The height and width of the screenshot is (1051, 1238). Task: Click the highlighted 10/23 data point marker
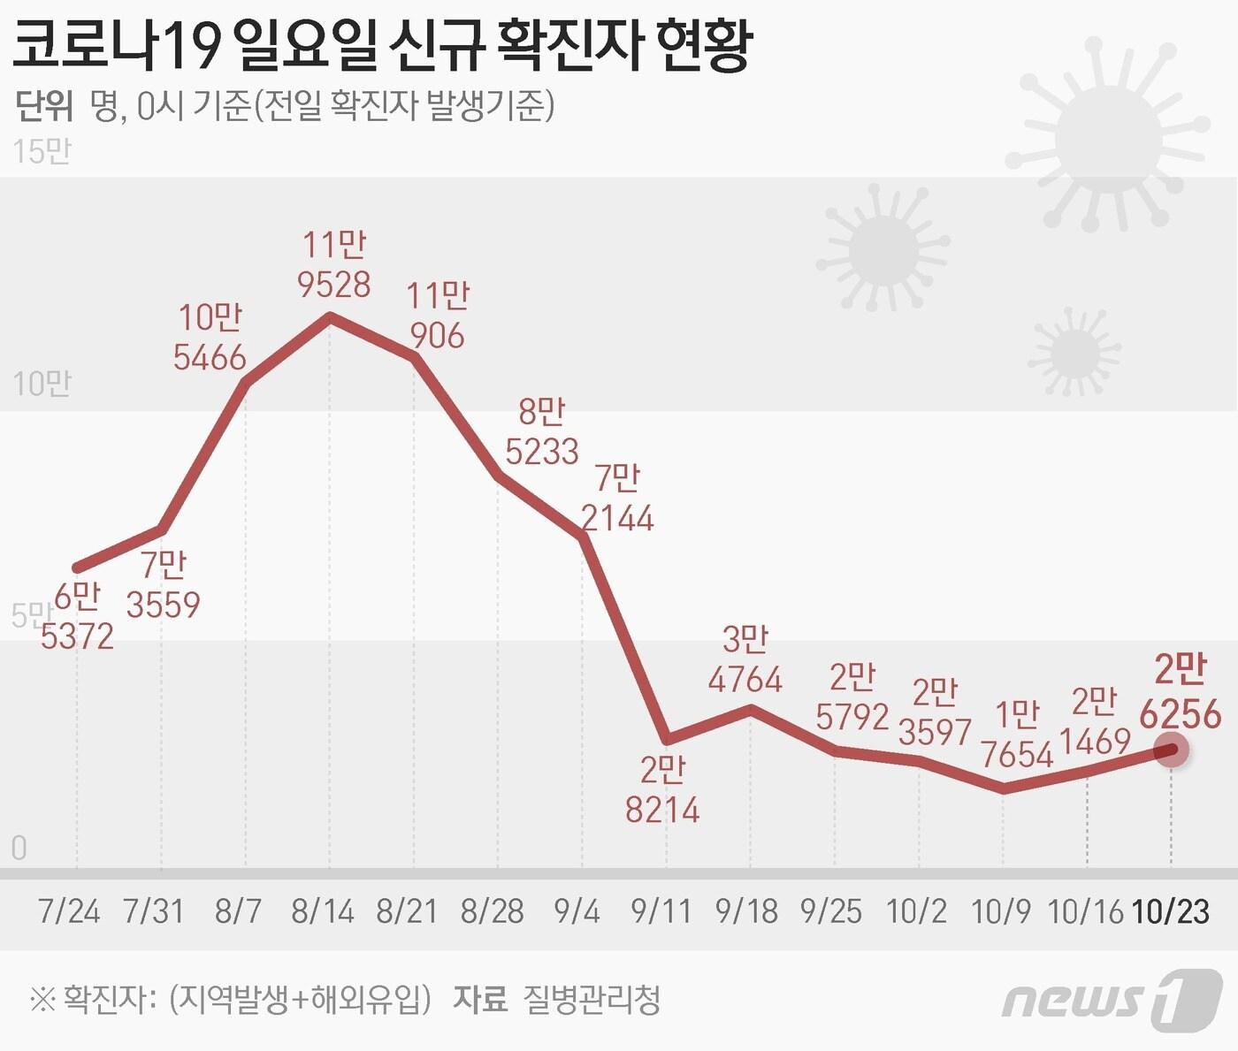point(1172,750)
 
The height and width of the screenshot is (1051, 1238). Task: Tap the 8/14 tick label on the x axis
point(323,911)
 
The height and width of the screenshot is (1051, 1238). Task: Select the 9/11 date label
point(661,911)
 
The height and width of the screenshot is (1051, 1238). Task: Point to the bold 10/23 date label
point(1171,911)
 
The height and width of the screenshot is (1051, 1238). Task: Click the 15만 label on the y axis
point(42,152)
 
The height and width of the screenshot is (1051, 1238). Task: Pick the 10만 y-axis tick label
point(42,385)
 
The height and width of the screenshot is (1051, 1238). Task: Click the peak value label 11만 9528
point(333,264)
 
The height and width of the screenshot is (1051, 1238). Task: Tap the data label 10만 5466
point(210,337)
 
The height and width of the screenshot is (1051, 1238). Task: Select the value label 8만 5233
point(541,431)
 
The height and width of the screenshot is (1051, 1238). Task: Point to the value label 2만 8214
point(662,789)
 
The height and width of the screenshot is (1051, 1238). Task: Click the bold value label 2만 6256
point(1181,692)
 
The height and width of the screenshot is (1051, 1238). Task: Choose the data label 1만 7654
point(1017,735)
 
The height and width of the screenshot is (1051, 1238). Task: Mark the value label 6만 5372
point(77,617)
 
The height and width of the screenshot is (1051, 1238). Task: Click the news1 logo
point(1112,1000)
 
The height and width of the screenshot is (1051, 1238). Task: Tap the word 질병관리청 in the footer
point(592,1000)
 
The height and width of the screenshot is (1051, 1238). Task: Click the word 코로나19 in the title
point(117,46)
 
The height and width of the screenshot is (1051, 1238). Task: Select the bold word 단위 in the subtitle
point(44,105)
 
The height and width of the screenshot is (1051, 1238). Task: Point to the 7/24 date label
point(69,911)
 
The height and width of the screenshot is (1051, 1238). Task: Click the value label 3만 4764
point(745,659)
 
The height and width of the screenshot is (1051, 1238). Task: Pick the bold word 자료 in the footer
point(480,1000)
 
